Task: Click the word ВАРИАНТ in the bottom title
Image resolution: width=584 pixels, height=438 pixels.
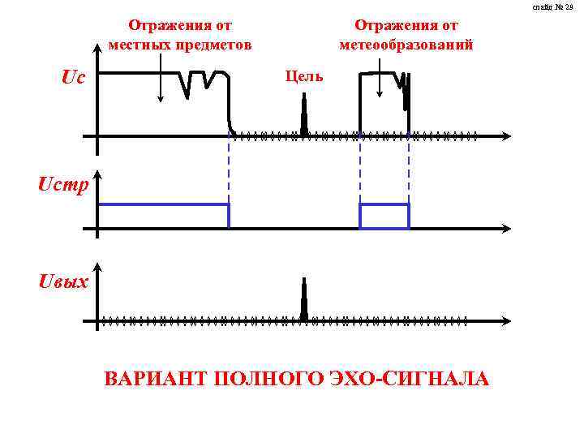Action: [x=155, y=379]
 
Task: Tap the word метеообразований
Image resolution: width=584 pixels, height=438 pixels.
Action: [x=406, y=45]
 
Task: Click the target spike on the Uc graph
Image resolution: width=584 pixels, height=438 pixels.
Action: [x=304, y=114]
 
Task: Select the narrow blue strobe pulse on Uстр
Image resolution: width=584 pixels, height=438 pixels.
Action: [x=384, y=216]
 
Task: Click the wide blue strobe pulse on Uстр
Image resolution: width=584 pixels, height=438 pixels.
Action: [x=163, y=216]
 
